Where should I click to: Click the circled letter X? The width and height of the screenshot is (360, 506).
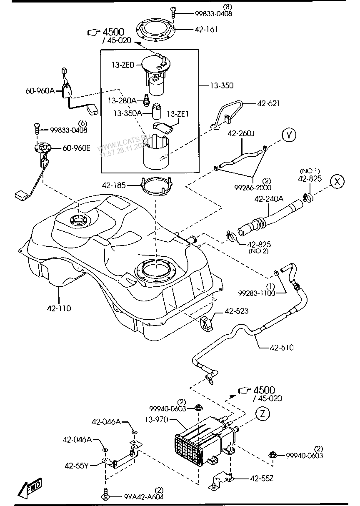point(338,181)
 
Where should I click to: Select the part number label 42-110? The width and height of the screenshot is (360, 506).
point(59,308)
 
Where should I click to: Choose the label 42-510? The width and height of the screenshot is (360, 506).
point(282,347)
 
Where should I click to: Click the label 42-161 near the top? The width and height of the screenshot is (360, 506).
point(206,30)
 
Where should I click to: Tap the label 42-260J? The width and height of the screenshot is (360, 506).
point(241,134)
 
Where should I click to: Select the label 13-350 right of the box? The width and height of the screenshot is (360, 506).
point(222,85)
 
